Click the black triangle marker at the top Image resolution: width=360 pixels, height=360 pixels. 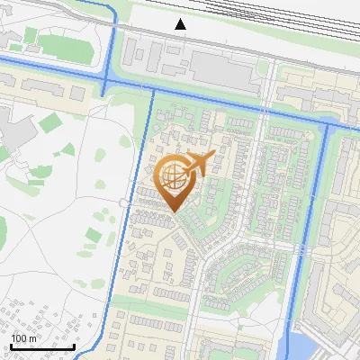point(181,24)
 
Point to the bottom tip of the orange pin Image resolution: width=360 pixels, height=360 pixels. point(173,212)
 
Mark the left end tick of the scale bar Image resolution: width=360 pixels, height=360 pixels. point(10,346)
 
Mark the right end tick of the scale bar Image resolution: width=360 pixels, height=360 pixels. point(74,346)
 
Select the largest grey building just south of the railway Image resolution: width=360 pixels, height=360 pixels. point(222,72)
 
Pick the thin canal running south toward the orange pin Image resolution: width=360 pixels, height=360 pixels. point(150,135)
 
